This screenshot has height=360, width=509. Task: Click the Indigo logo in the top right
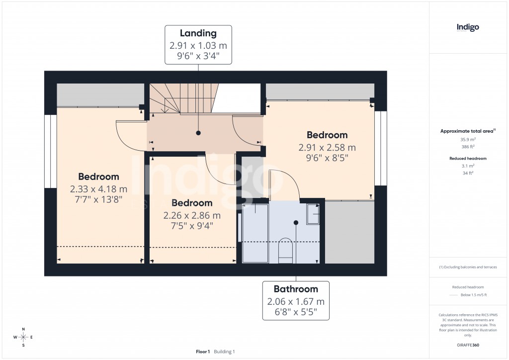tap(468, 27)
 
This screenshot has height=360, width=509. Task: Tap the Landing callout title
tap(198, 33)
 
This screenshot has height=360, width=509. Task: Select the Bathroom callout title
tap(296, 289)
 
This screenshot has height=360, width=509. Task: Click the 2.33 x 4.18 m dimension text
tap(98, 189)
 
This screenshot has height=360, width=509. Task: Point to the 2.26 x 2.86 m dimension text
tap(192, 215)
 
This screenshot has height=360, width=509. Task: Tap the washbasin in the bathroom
tap(313, 214)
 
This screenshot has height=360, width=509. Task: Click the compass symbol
tap(23, 338)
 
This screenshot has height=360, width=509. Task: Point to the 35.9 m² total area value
tap(468, 140)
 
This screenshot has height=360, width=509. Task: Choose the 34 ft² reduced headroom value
tap(468, 173)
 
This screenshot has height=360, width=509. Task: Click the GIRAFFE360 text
tap(468, 345)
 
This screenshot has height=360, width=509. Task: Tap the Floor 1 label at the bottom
tap(203, 352)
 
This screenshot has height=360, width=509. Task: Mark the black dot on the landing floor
tap(198, 133)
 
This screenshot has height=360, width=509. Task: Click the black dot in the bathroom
tap(296, 222)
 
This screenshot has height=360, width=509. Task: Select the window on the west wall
tap(51, 152)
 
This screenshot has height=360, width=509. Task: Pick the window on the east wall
tap(381, 148)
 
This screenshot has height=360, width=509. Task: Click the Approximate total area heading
tap(466, 131)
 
